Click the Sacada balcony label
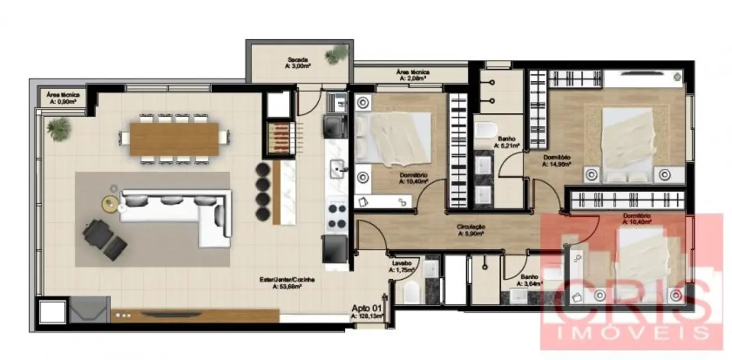[297, 63]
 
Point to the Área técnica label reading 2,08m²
[413, 75]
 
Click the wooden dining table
[175, 138]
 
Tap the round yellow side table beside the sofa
[110, 203]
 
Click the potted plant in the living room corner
[58, 128]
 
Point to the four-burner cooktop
[337, 217]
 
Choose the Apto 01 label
[367, 312]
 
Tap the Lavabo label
[401, 266]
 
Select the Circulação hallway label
[471, 230]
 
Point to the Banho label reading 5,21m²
[506, 142]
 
